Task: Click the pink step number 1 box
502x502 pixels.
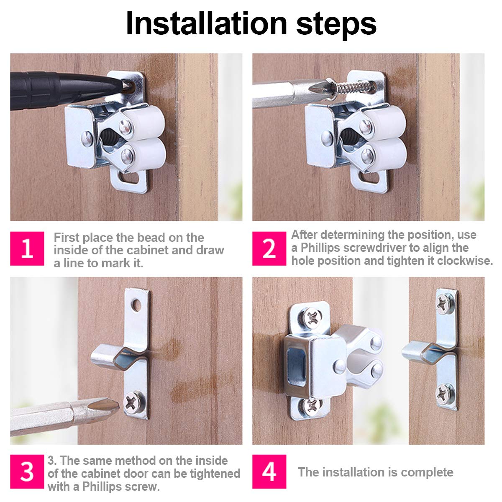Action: (27, 248)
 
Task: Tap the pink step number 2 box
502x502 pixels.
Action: (269, 248)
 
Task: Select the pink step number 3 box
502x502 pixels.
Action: (27, 471)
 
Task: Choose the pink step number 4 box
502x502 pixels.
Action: (269, 471)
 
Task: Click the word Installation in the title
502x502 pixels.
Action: (206, 23)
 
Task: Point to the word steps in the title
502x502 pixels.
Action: (336, 26)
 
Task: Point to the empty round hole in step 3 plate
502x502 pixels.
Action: (136, 305)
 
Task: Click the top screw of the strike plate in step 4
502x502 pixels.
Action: (446, 303)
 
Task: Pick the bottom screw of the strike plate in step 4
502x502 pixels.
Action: (446, 394)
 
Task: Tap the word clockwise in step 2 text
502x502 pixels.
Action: (465, 261)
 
